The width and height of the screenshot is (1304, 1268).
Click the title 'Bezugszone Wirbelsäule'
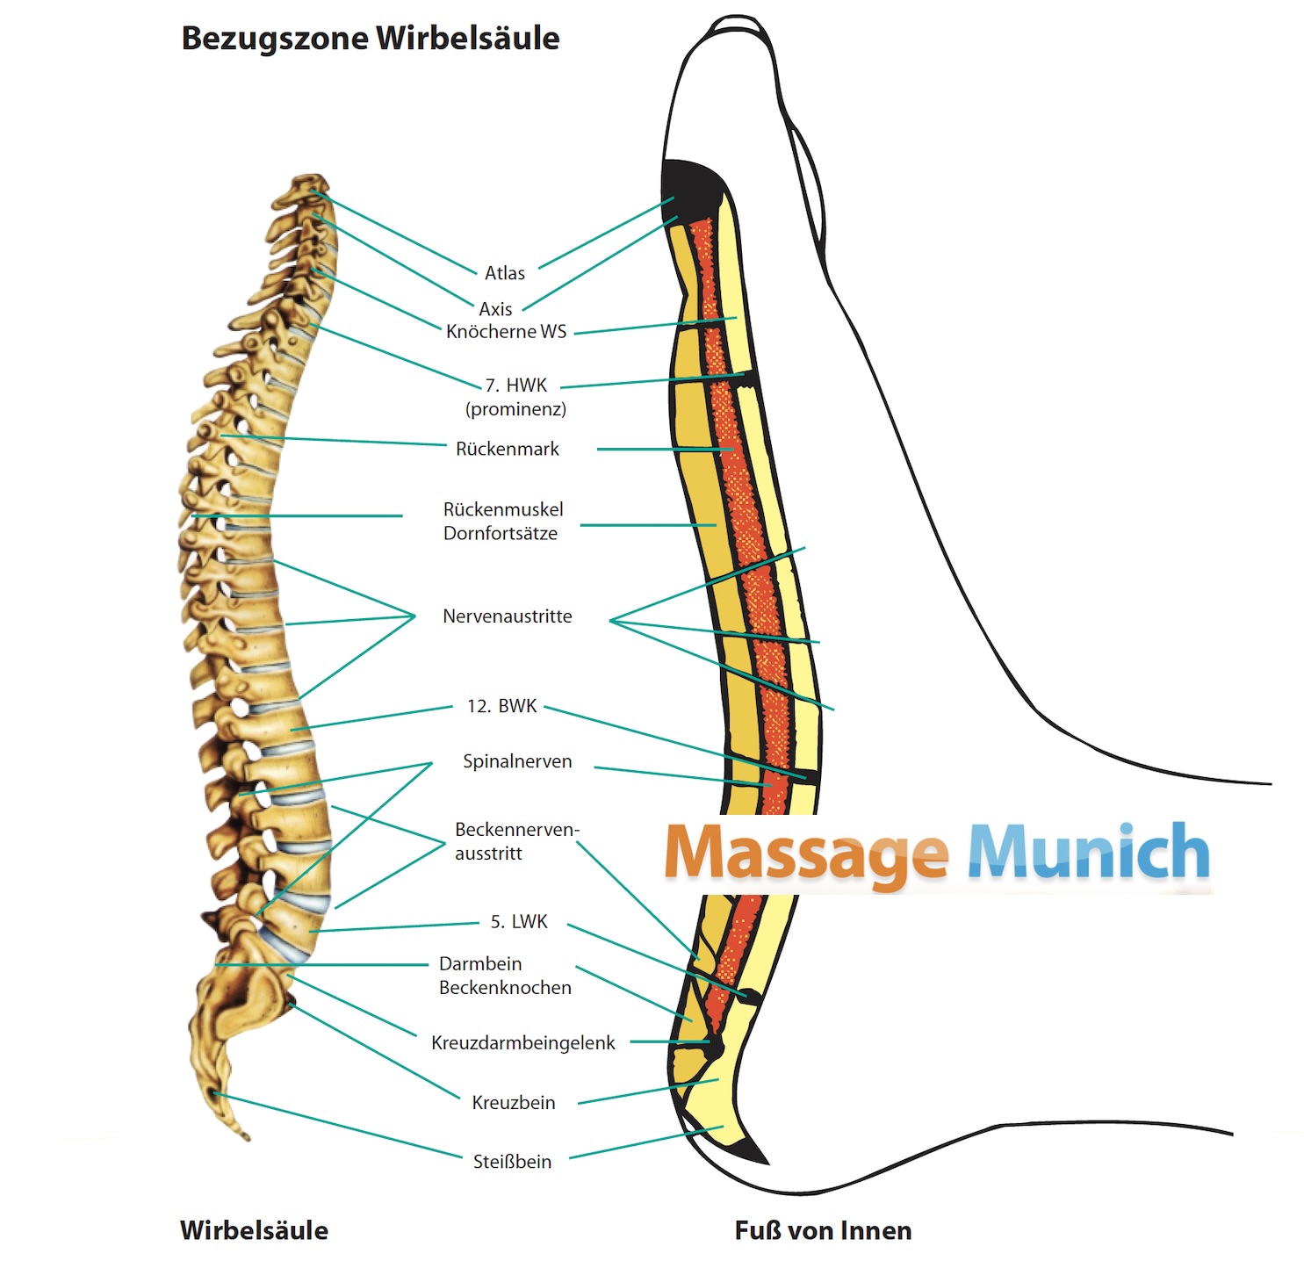[370, 39]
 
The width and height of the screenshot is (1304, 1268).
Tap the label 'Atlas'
[505, 273]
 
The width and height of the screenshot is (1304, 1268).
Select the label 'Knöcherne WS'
[507, 332]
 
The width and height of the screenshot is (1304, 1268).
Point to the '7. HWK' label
[516, 385]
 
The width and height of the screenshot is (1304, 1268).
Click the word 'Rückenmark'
[508, 450]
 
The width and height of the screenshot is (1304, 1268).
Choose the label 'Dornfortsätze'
[501, 534]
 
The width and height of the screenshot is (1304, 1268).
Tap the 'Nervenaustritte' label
[508, 616]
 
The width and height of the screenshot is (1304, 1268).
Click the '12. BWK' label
[502, 707]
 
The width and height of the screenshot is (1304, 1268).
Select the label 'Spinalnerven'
[517, 762]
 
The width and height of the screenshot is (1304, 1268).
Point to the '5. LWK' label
[519, 922]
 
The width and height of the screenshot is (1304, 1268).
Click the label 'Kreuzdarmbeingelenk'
[523, 1043]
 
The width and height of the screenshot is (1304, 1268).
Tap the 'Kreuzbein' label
[514, 1103]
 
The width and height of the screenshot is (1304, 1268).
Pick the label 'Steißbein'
[513, 1162]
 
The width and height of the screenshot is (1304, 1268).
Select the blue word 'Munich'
[1089, 852]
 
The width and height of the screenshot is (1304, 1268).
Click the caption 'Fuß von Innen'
[823, 1231]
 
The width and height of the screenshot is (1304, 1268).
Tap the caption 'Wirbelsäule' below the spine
[255, 1231]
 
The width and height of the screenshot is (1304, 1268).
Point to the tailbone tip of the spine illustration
[244, 1133]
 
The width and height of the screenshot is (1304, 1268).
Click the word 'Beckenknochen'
[505, 988]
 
